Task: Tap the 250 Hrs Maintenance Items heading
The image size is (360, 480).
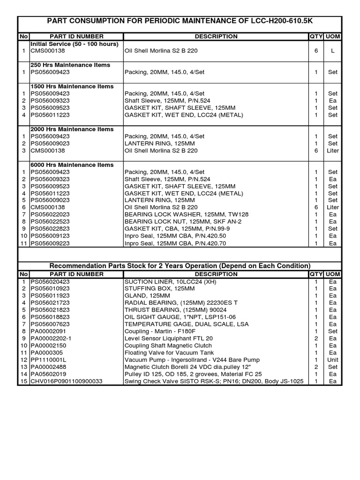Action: point(70,65)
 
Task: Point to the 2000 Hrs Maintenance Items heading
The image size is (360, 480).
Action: point(72,129)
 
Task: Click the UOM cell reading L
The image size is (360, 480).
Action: point(332,51)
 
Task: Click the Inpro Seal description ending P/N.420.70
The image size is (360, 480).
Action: point(175,243)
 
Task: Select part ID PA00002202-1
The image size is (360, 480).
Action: point(52,338)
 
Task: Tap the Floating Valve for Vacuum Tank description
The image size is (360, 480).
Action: point(169,352)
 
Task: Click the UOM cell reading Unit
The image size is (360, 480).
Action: point(333,360)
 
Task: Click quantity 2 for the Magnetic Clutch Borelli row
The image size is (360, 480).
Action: point(316,367)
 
